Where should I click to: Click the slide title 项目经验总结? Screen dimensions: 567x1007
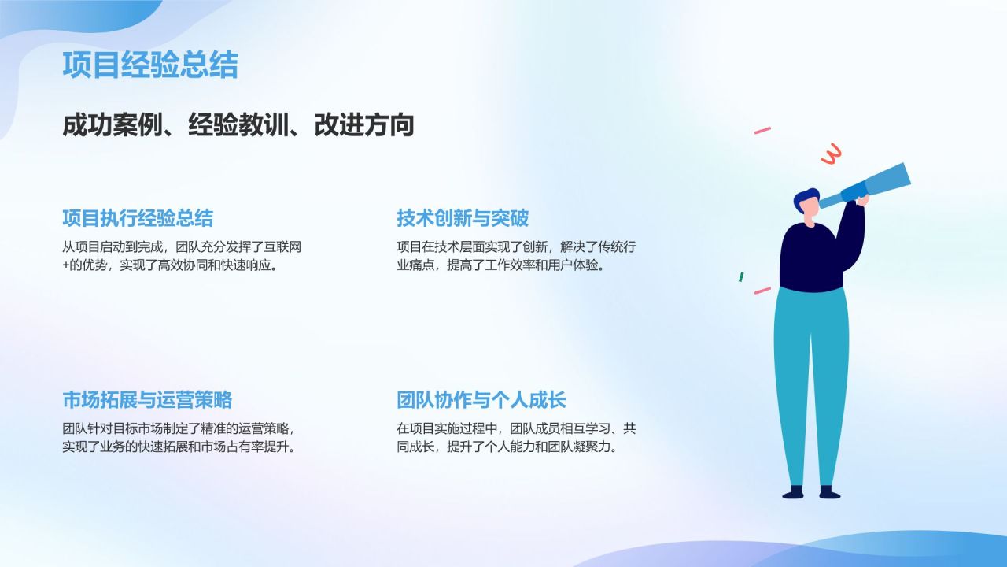coord(149,65)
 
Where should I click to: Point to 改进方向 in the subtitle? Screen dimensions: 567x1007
coord(364,125)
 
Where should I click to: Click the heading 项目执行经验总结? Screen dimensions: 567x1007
coord(138,218)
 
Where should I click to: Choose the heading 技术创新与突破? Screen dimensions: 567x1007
coord(463,218)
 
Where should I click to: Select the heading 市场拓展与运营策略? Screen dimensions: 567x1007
coord(147,400)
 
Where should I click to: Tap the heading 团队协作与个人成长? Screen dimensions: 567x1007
coord(481,400)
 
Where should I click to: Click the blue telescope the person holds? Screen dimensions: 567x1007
coord(877,184)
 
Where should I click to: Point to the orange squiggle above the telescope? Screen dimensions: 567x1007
coord(831,154)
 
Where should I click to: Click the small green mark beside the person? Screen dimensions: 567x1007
coord(741,276)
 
